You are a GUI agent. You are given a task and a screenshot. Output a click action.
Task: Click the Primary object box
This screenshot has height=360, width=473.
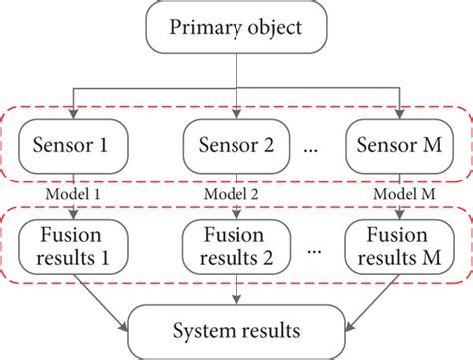(236, 28)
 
